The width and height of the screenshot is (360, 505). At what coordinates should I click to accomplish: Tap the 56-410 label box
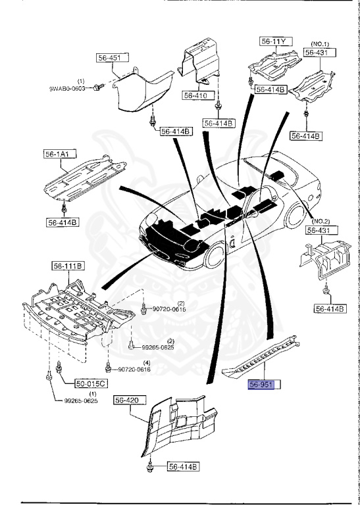196,95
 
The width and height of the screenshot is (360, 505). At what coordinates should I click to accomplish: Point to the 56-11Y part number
274,42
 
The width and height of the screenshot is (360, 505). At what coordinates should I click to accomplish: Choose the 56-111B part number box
68,266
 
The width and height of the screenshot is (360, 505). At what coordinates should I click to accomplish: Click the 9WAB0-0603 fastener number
68,87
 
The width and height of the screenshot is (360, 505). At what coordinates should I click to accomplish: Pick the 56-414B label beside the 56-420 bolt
182,467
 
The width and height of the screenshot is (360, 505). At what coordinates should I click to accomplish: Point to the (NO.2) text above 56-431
321,221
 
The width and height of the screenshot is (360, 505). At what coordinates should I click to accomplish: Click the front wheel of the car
215,258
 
